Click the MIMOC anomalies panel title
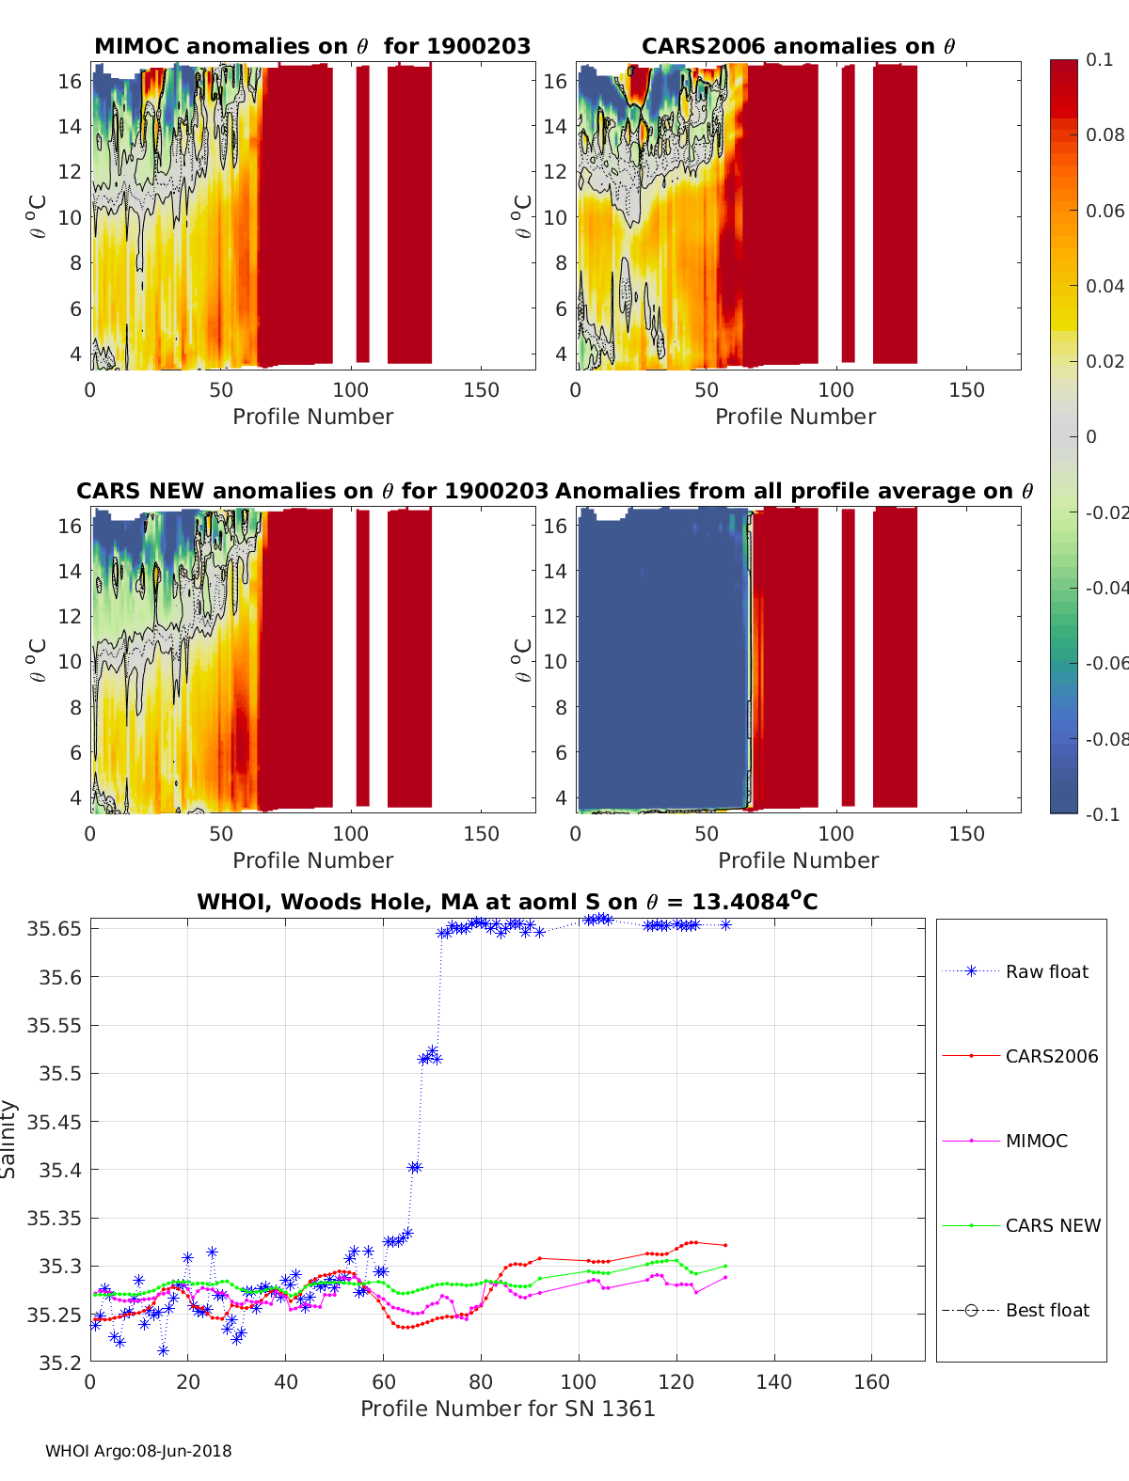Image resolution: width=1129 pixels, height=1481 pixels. coord(312,46)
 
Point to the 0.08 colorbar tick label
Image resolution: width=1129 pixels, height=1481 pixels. coord(1105,134)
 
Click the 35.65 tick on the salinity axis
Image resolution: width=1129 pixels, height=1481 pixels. coord(54,929)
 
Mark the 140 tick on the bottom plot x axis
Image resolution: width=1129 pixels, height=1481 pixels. coord(774,1381)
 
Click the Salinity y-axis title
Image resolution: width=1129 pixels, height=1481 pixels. coord(9,1139)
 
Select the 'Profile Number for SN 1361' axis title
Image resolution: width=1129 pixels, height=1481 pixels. coord(507,1409)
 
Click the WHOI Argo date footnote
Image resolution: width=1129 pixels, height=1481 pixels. coord(138,1451)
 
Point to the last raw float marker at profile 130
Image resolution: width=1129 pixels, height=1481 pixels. coord(725,925)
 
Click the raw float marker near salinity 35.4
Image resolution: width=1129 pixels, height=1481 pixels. coord(414,1168)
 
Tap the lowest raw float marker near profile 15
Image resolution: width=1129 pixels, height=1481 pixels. coord(164,1350)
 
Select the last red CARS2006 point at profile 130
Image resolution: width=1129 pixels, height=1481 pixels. coord(725,1245)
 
